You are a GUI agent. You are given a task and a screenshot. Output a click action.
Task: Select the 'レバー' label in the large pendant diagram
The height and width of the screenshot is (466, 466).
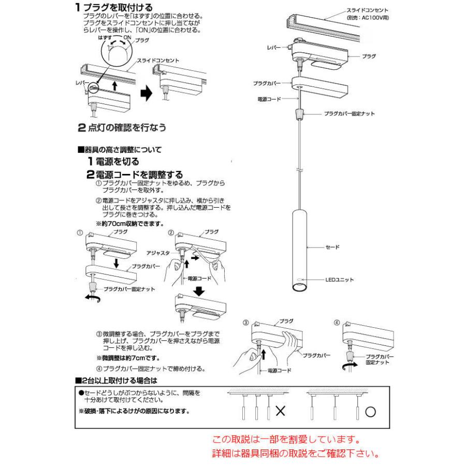pos(273,47)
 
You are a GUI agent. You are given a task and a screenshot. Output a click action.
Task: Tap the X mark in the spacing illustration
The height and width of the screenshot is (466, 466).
pos(281,412)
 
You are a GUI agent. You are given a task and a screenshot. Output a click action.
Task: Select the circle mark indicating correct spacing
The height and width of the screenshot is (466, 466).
pos(370,412)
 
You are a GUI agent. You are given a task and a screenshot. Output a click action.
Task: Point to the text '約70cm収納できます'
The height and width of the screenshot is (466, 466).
pos(130,224)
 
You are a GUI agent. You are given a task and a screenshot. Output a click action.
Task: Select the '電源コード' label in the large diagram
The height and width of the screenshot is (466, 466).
pos(269,98)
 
